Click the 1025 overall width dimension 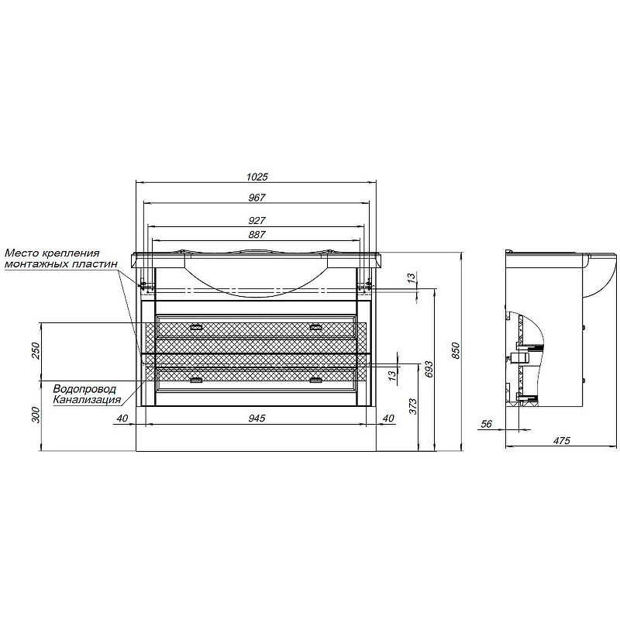[257, 177]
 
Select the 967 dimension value [257, 198]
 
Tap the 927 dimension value [257, 221]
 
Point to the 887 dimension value [257, 235]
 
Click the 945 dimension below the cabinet [257, 418]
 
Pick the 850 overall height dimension [456, 351]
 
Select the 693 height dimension [430, 369]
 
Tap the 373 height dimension [412, 406]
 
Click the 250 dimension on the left [36, 351]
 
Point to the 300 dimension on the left [36, 415]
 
